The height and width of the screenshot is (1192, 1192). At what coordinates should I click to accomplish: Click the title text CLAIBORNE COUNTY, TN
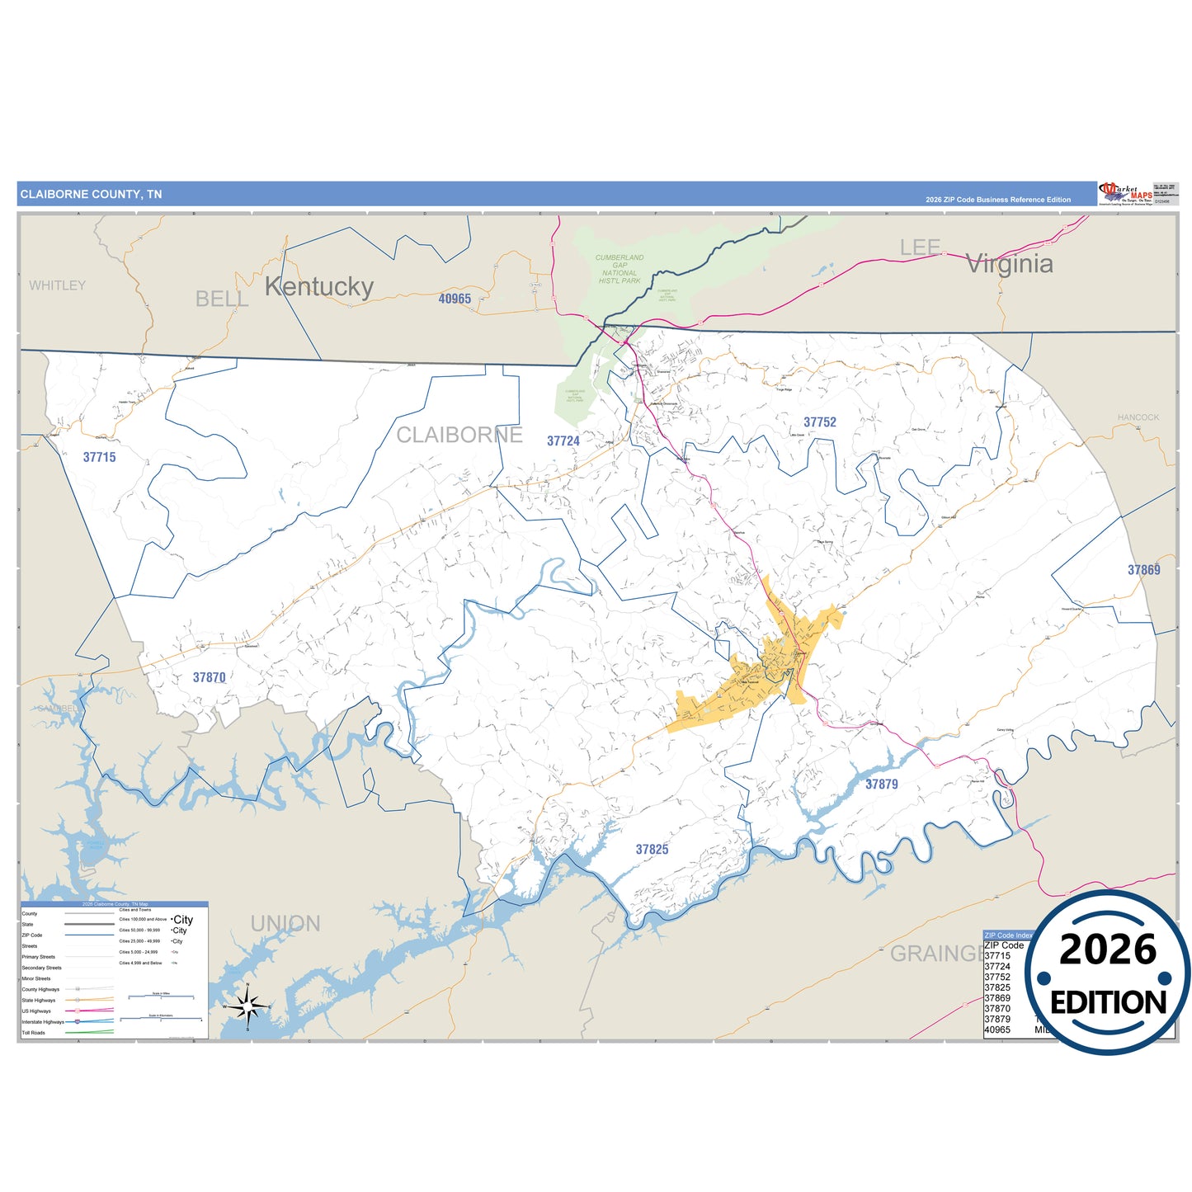(91, 195)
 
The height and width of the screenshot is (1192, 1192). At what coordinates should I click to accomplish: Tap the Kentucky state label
(319, 286)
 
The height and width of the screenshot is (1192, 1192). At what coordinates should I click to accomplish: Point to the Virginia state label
(1009, 264)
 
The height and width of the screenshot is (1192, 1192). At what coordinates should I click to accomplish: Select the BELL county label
(222, 299)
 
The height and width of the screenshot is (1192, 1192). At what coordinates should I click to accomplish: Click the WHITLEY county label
(57, 285)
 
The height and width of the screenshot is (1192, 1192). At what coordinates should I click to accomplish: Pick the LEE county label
(920, 247)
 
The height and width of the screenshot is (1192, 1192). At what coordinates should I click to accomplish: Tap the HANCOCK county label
(1138, 417)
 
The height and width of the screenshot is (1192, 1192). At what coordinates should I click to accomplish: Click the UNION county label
(285, 924)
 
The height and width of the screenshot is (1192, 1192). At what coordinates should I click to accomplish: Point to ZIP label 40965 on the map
(455, 299)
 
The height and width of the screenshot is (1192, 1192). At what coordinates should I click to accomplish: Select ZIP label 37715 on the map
(99, 457)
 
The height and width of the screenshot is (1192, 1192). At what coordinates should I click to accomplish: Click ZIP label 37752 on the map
(820, 422)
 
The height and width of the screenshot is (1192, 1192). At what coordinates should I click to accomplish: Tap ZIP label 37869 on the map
(1143, 570)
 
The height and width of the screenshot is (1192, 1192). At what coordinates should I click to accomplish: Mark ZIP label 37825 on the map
(652, 850)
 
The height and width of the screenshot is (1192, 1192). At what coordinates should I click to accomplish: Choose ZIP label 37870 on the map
(209, 677)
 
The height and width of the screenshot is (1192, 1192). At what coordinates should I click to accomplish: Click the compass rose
(247, 1007)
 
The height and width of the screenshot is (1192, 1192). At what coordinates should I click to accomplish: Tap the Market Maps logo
(1126, 194)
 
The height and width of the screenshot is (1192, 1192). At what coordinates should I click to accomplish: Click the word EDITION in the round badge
(1108, 1002)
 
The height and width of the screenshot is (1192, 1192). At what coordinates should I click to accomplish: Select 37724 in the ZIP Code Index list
(997, 966)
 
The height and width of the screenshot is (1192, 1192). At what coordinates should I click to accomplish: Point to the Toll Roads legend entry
(34, 1033)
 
